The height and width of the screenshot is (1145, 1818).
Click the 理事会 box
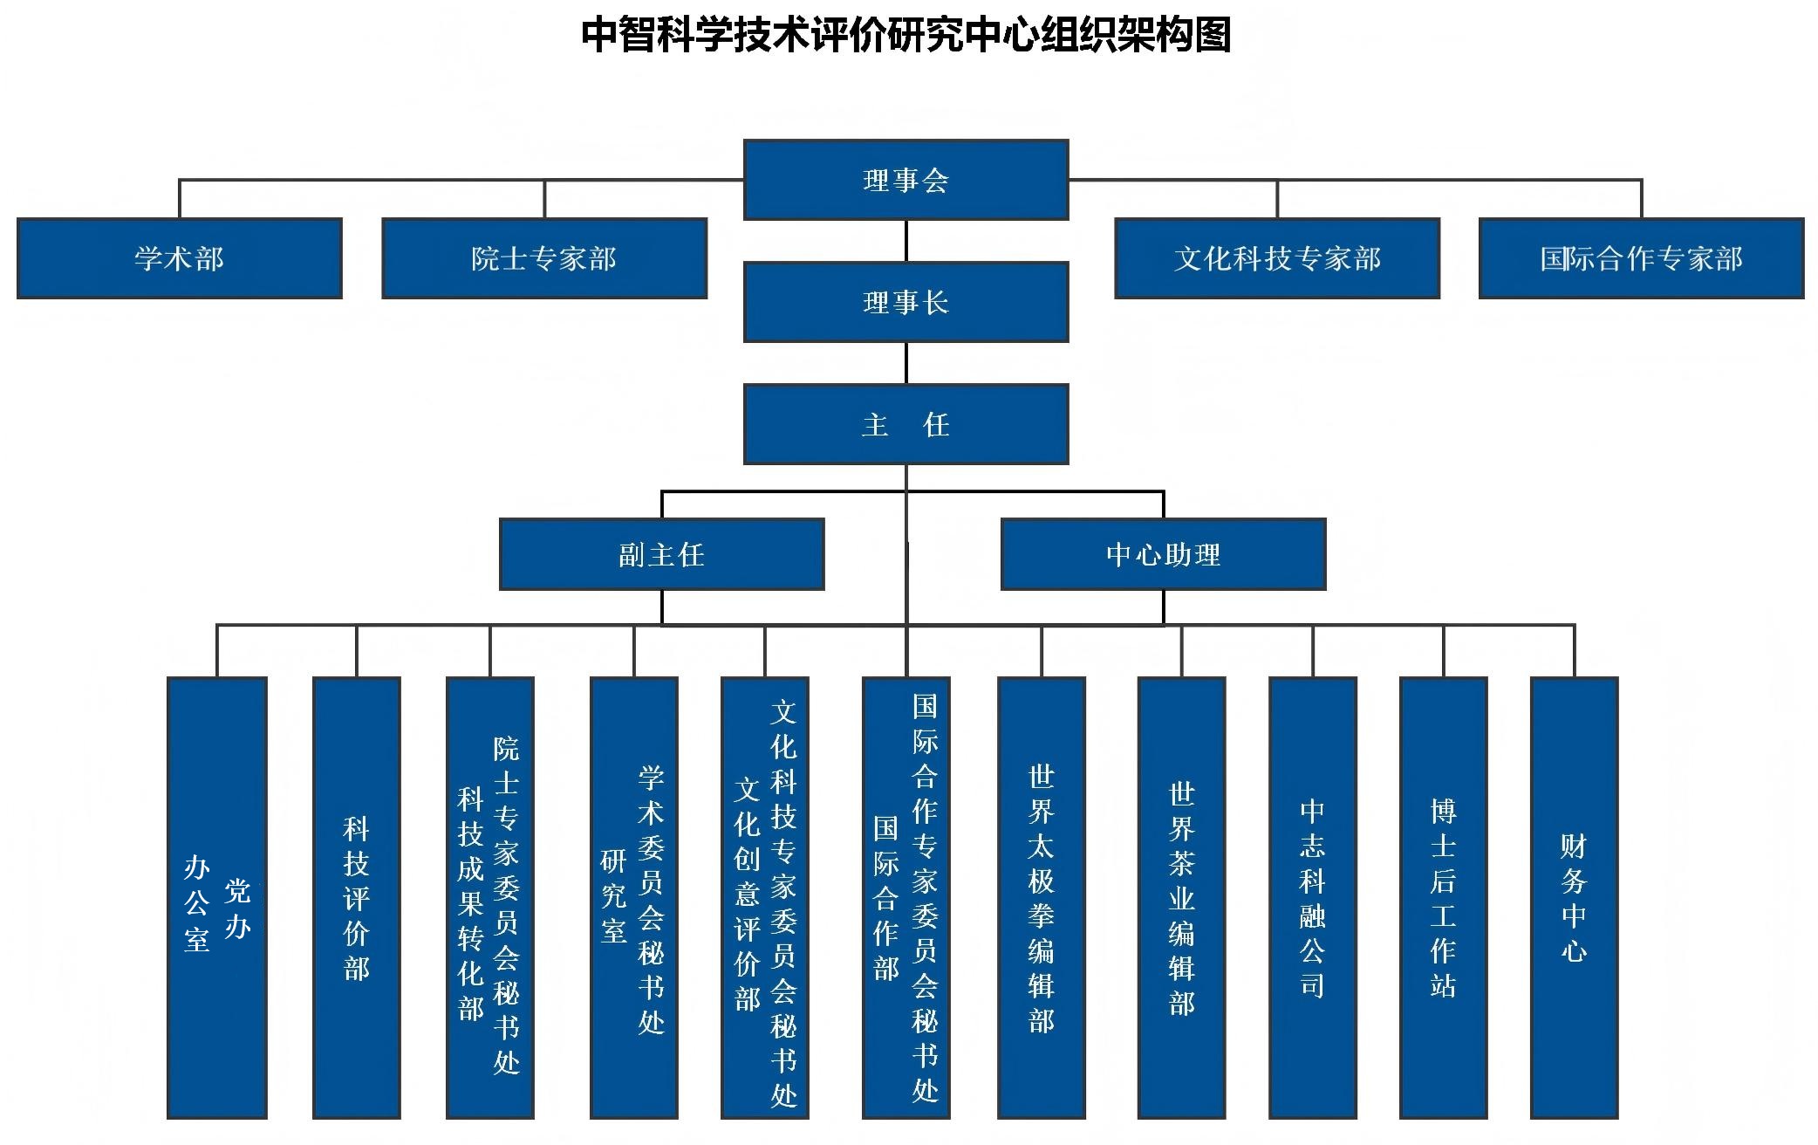[906, 180]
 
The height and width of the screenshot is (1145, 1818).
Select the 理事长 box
[906, 302]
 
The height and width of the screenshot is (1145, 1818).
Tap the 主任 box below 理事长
[906, 424]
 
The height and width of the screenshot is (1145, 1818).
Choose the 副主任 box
[661, 554]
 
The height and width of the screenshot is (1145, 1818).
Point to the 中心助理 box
[1163, 554]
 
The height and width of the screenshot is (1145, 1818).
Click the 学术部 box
[179, 258]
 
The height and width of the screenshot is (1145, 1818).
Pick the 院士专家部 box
[543, 258]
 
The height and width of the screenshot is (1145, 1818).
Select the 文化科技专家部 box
[1277, 258]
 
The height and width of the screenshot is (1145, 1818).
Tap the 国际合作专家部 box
[1641, 258]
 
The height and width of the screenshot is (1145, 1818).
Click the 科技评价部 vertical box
[356, 897]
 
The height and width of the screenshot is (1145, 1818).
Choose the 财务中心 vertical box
[1574, 897]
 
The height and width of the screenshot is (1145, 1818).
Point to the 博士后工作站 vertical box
[1443, 897]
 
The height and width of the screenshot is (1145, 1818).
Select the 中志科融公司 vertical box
[1312, 897]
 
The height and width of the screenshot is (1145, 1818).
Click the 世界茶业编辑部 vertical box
[1181, 897]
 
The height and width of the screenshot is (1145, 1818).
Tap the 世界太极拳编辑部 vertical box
[1041, 897]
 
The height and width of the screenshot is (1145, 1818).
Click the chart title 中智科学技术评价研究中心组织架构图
[906, 35]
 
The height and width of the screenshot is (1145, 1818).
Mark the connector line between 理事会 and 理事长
[906, 241]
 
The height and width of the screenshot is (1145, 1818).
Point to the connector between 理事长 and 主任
[906, 363]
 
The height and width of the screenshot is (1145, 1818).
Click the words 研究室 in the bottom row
[613, 896]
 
